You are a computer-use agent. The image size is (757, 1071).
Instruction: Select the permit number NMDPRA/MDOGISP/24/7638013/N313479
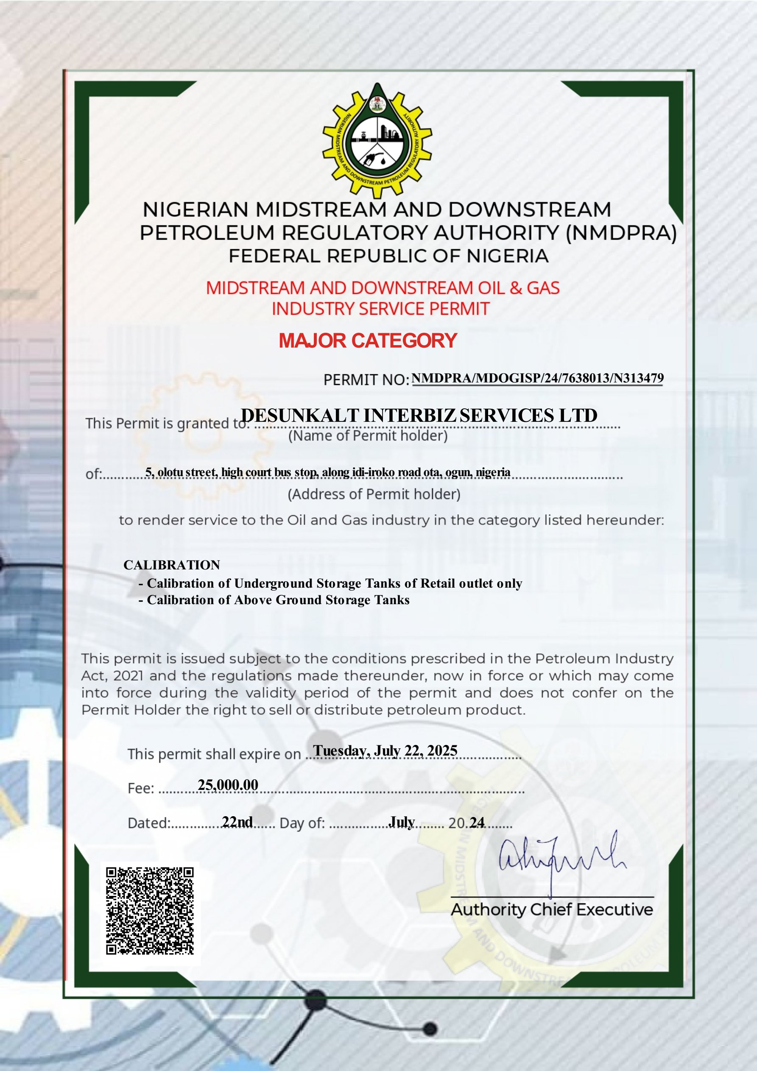[537, 378]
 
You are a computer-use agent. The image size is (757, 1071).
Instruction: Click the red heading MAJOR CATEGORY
[368, 340]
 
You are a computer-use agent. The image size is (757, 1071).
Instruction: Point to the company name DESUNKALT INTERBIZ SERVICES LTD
[419, 415]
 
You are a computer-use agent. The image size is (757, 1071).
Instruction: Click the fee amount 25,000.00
[228, 785]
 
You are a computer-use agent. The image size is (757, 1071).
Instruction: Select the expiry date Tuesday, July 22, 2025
[385, 750]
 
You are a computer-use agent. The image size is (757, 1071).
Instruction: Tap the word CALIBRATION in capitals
[172, 565]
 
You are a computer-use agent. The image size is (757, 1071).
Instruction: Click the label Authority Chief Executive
[552, 909]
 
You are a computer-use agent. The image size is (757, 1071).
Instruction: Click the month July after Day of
[401, 822]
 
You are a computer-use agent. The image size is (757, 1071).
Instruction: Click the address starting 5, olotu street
[328, 472]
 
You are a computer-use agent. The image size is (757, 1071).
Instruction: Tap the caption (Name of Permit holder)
[368, 436]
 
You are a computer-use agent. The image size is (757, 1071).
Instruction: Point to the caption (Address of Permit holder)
[374, 494]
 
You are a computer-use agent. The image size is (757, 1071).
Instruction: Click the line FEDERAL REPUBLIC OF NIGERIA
[388, 256]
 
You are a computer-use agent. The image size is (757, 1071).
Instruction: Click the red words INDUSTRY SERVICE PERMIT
[380, 309]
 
